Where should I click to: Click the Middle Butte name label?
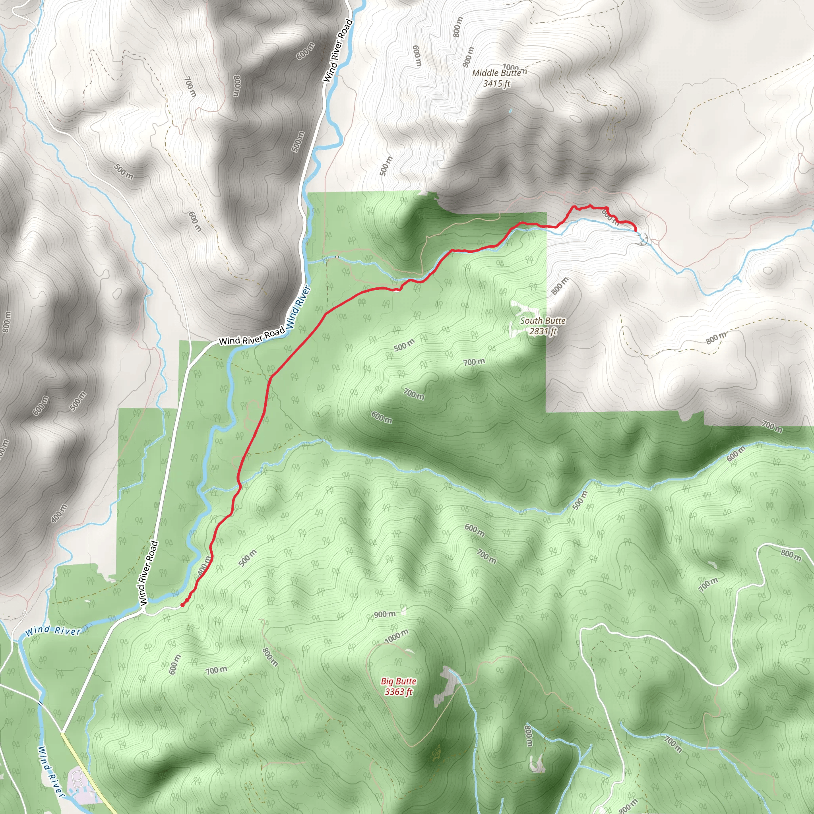pyautogui.click(x=496, y=73)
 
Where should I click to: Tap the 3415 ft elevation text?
pyautogui.click(x=496, y=83)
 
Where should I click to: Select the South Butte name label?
pyautogui.click(x=543, y=321)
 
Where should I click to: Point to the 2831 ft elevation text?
pyautogui.click(x=543, y=331)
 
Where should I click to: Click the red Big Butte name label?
pyautogui.click(x=399, y=681)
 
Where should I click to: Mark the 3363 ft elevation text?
pyautogui.click(x=399, y=692)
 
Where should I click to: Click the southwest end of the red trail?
pyautogui.click(x=182, y=605)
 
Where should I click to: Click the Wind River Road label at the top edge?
pyautogui.click(x=337, y=50)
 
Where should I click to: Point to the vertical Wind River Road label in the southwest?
pyautogui.click(x=148, y=573)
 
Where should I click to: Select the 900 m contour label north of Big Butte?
pyautogui.click(x=385, y=614)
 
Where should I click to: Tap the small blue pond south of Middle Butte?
pyautogui.click(x=511, y=111)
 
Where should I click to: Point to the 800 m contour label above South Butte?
pyautogui.click(x=560, y=286)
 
